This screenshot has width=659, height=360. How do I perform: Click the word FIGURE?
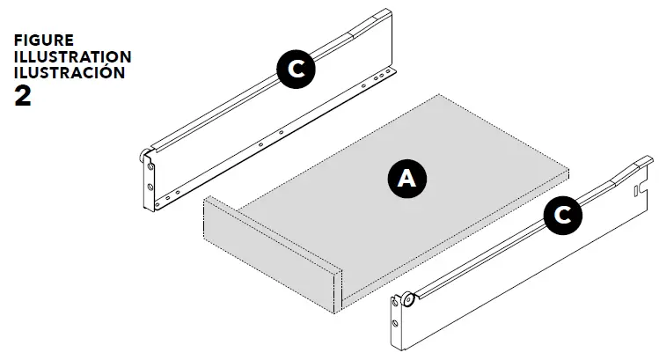[44, 41]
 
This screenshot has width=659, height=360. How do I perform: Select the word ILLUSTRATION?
[73, 57]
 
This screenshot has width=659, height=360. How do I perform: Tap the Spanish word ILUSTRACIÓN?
[70, 73]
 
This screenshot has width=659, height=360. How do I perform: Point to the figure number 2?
[24, 95]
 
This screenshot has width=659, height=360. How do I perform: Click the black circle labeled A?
[406, 179]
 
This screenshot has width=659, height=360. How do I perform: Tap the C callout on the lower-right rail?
[563, 215]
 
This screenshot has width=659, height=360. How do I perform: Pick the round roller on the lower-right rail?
[409, 301]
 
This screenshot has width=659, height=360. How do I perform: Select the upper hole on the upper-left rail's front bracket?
[150, 171]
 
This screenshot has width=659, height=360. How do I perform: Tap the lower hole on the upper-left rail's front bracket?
[150, 187]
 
